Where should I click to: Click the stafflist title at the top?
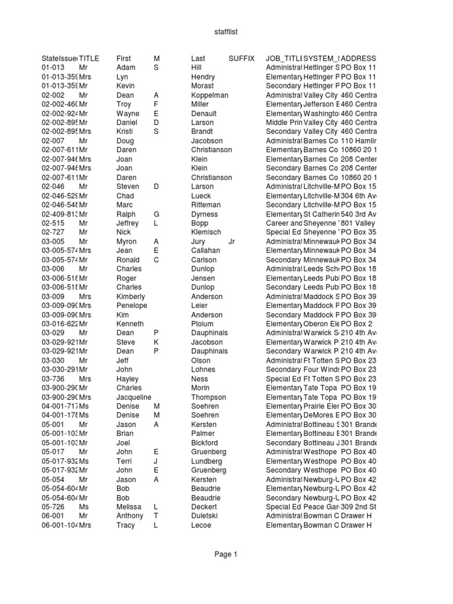226,32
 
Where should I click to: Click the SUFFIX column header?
241,58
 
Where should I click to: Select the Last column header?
198,58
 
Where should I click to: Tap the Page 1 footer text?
226,554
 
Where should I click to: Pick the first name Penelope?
132,306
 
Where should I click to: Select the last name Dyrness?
204,214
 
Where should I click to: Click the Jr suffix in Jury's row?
232,241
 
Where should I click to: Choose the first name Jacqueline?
134,397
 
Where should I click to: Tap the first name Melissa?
129,507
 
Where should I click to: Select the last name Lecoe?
201,525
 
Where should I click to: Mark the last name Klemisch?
206,232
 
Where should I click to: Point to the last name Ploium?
202,324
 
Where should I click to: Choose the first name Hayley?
127,379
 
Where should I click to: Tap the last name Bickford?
205,442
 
